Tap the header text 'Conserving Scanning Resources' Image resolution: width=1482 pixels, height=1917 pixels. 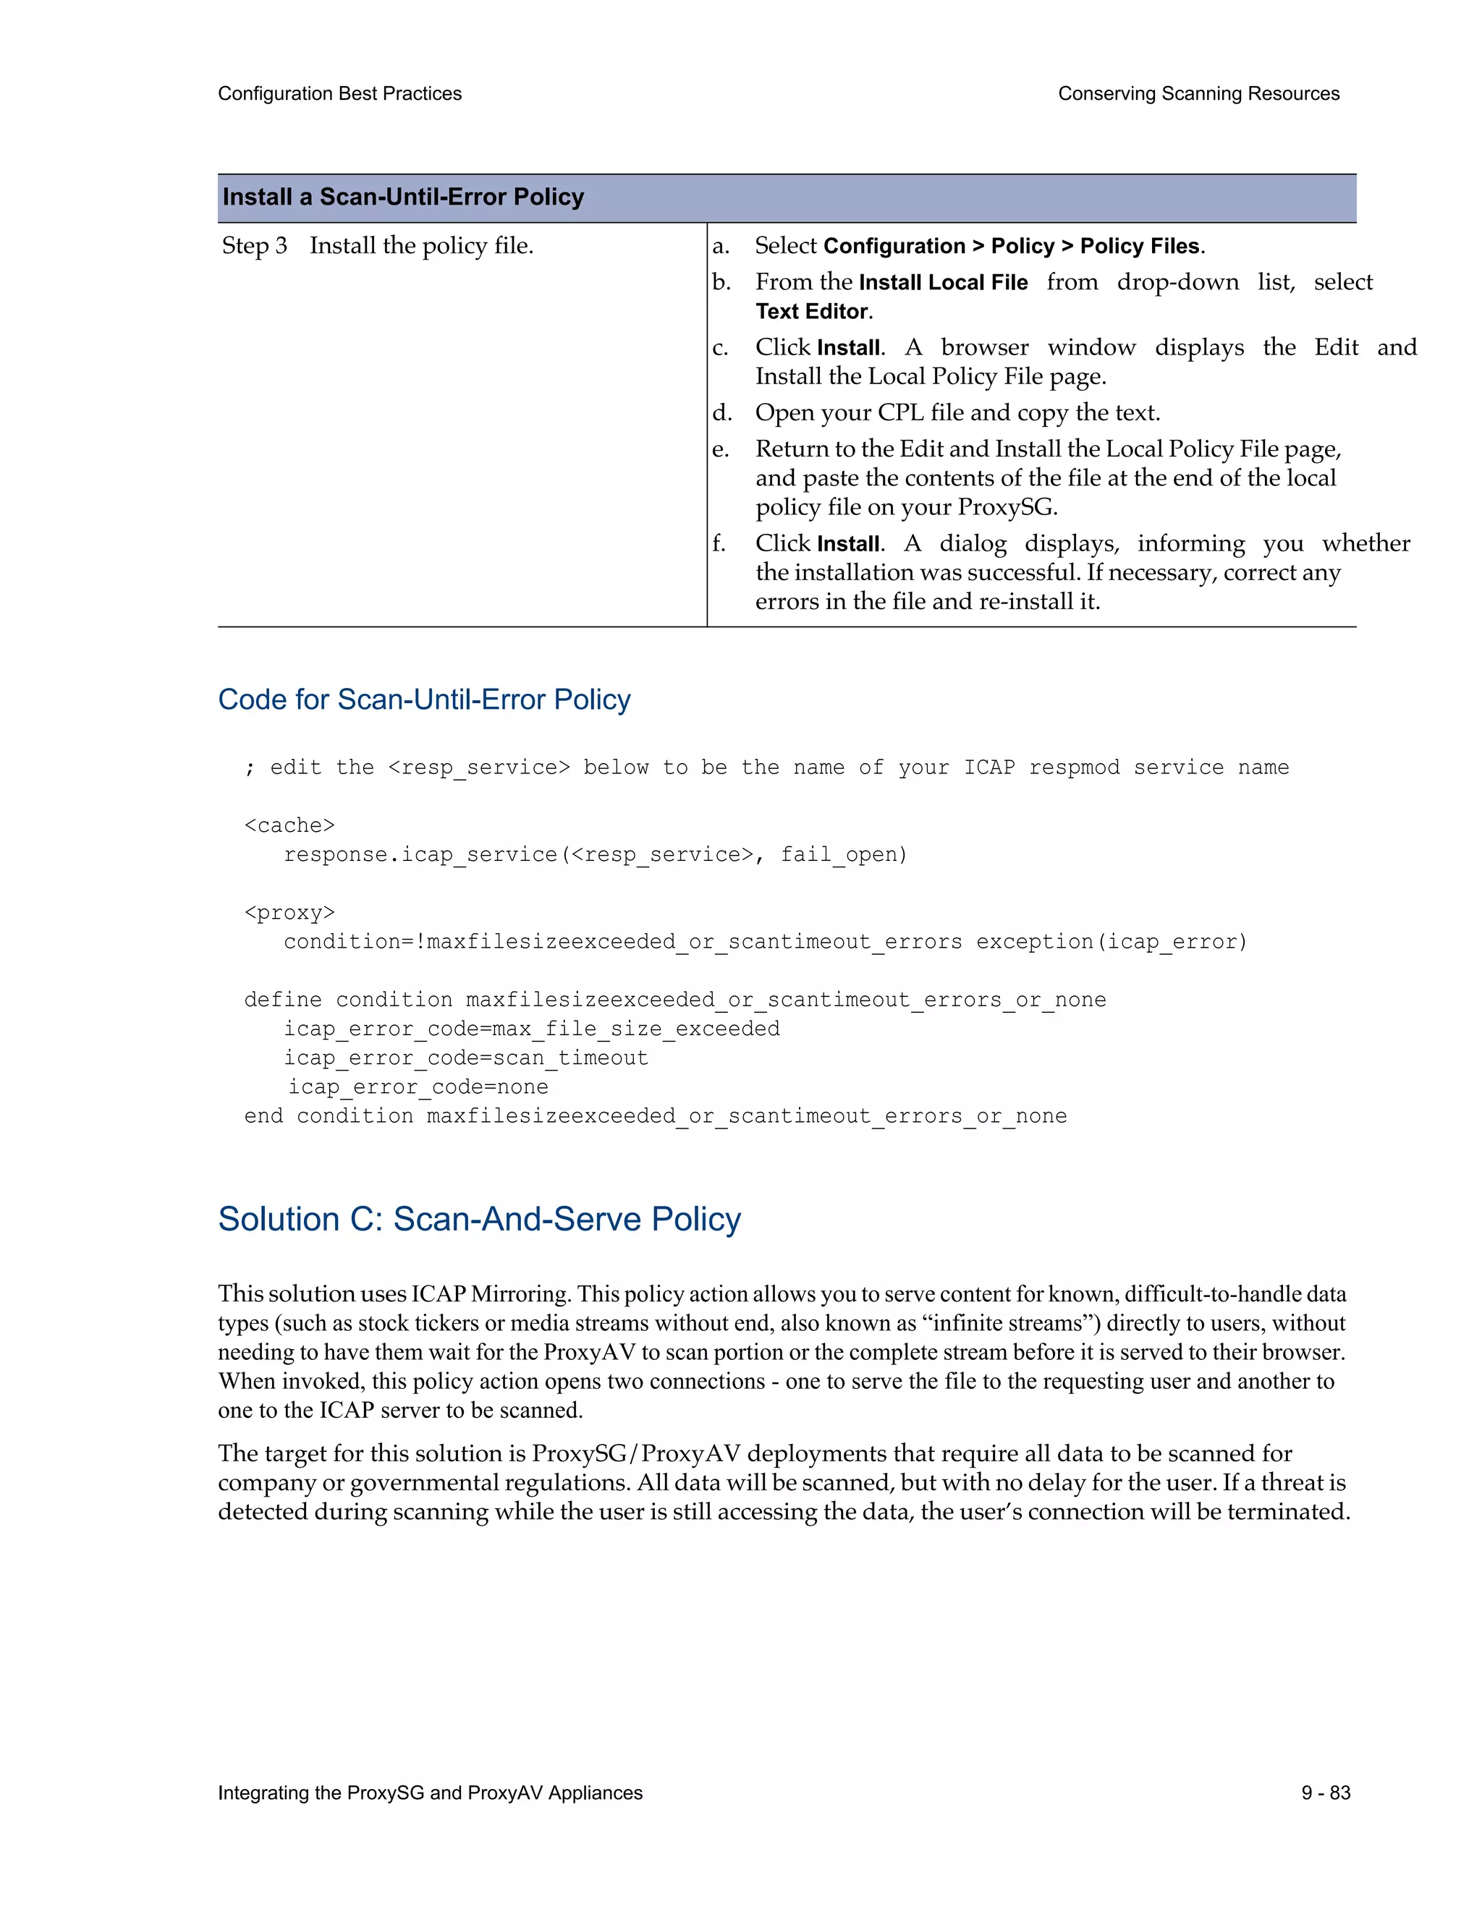(x=1198, y=94)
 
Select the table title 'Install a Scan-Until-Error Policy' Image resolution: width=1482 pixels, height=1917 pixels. (x=403, y=197)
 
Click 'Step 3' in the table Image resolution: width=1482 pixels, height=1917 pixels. (x=254, y=246)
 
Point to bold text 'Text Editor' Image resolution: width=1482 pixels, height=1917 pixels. (x=812, y=312)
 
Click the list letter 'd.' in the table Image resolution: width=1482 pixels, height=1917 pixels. (x=721, y=412)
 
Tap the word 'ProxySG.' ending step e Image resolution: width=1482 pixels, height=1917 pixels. (x=1007, y=507)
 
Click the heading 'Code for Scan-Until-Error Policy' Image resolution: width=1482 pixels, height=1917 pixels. (x=424, y=700)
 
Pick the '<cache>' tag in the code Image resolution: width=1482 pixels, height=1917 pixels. (x=289, y=825)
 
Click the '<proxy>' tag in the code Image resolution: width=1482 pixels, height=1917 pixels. (x=289, y=913)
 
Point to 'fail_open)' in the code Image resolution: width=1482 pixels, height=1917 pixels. (x=844, y=855)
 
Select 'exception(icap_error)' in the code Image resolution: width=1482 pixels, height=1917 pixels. (x=1111, y=942)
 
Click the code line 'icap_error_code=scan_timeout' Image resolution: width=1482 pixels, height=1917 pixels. (x=465, y=1058)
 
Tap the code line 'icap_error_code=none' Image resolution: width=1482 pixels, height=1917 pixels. (x=418, y=1087)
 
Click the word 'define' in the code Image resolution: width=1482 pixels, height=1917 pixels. (x=283, y=1000)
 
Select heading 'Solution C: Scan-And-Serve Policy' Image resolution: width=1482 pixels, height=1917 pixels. (x=479, y=1219)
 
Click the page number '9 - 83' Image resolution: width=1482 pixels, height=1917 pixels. (x=1326, y=1793)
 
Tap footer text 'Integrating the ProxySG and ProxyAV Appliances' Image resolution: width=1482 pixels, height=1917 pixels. (x=431, y=1793)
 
